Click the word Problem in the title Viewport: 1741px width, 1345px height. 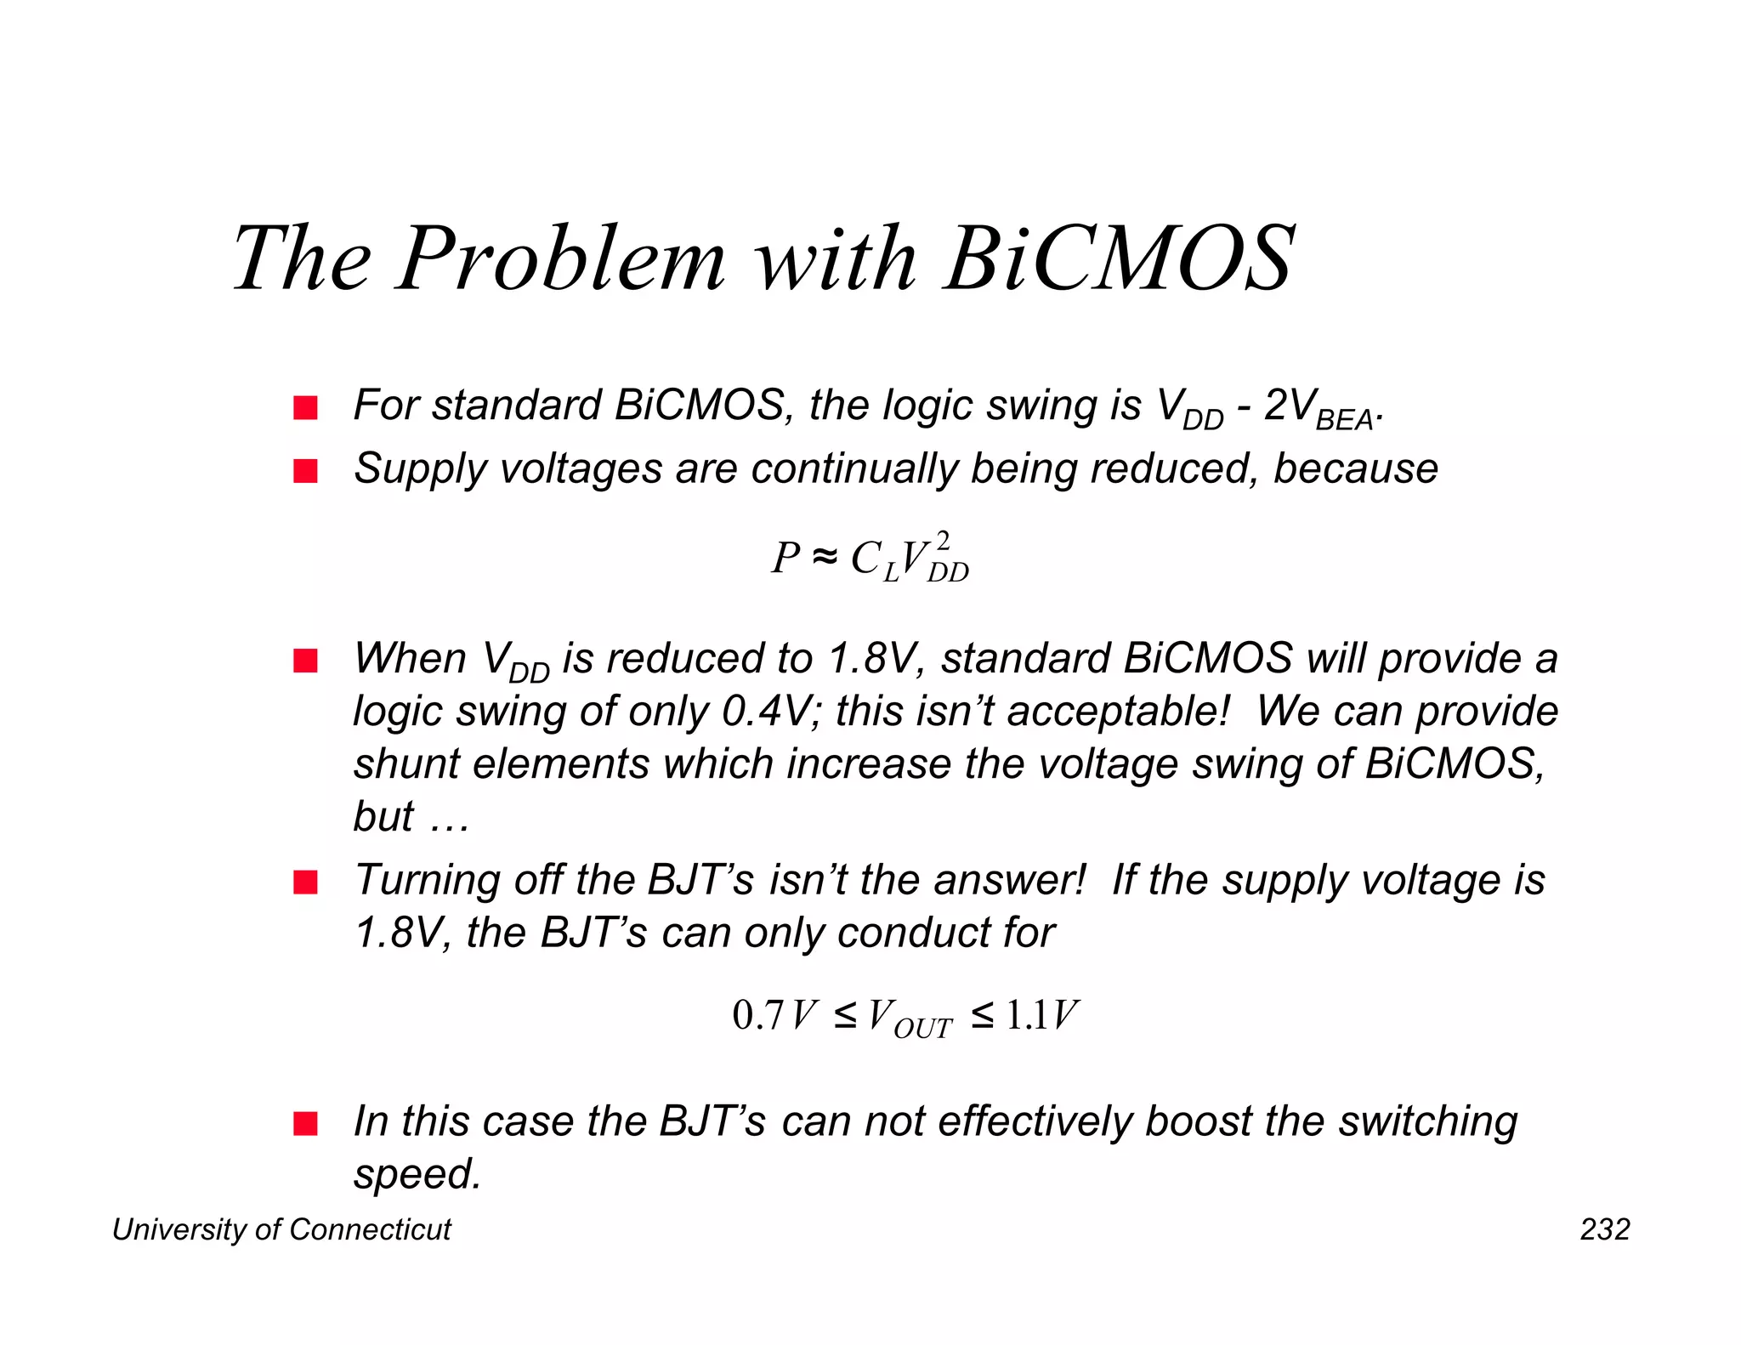click(x=560, y=258)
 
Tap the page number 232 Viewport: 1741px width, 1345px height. click(x=1604, y=1229)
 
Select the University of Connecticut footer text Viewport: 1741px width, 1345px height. click(x=281, y=1229)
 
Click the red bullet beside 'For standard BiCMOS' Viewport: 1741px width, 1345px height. click(x=305, y=408)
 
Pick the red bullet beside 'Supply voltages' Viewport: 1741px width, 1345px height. click(x=305, y=471)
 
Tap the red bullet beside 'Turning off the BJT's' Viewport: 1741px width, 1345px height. click(x=305, y=882)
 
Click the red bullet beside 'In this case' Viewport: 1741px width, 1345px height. click(x=305, y=1124)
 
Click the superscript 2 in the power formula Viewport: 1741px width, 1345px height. click(x=942, y=541)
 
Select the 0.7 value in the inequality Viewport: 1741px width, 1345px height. click(x=757, y=1015)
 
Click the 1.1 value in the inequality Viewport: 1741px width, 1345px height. click(x=1027, y=1015)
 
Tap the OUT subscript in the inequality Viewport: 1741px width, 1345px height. click(x=923, y=1030)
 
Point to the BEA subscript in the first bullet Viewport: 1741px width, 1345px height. click(x=1344, y=421)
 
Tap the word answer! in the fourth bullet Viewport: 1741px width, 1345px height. click(x=1010, y=880)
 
